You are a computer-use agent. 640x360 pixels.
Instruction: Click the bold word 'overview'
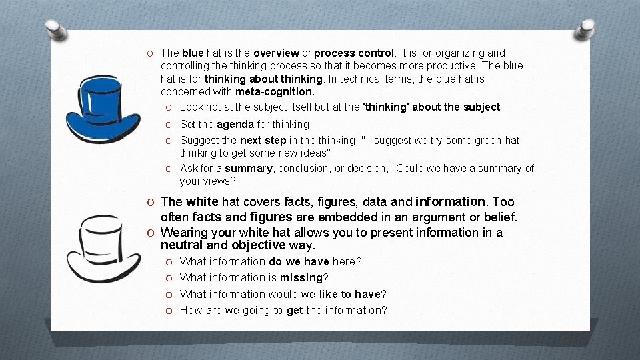pyautogui.click(x=276, y=53)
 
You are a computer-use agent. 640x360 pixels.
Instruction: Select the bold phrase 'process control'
pyautogui.click(x=354, y=53)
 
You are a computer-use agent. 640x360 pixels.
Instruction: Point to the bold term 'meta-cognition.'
pyautogui.click(x=275, y=91)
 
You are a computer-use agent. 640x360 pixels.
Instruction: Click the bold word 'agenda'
pyautogui.click(x=235, y=124)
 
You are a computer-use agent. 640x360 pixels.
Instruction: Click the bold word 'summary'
pyautogui.click(x=249, y=168)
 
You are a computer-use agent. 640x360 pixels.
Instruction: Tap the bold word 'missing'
pyautogui.click(x=301, y=277)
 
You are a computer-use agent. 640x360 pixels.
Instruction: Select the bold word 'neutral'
pyautogui.click(x=181, y=245)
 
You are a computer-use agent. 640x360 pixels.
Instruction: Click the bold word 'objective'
pyautogui.click(x=259, y=245)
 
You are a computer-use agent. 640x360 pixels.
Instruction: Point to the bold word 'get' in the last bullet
pyautogui.click(x=295, y=310)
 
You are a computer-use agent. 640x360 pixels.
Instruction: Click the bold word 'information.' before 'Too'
pyautogui.click(x=451, y=201)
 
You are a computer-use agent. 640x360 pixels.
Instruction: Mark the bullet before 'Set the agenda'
pyautogui.click(x=170, y=124)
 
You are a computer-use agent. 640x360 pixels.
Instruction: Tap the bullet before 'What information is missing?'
pyautogui.click(x=170, y=278)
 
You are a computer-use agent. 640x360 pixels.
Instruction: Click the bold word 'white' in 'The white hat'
pyautogui.click(x=202, y=201)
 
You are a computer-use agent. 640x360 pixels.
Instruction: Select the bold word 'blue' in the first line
pyautogui.click(x=193, y=53)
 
